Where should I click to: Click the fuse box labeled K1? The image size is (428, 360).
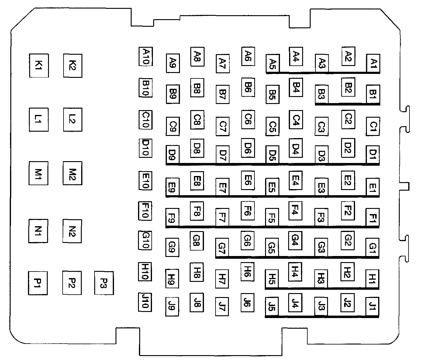coord(39,65)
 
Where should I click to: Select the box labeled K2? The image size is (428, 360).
coord(73,65)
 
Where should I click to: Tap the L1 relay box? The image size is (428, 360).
coord(39,119)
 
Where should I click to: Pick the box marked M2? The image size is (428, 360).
coord(72,173)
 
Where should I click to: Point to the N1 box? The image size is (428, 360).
coord(38,231)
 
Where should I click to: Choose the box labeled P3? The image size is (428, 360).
coord(104,283)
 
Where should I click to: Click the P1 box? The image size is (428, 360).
coord(38,283)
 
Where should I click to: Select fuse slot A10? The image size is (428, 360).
coord(146,57)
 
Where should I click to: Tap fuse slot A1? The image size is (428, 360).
coord(373,64)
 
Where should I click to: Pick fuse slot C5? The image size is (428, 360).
coord(273,126)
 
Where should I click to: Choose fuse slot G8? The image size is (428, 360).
coord(197,241)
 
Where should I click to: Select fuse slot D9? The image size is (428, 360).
coord(172,155)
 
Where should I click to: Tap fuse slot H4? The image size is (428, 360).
coord(295,271)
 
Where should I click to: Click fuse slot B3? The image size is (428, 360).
coord(322,94)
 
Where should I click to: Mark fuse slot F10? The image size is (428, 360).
coord(145,210)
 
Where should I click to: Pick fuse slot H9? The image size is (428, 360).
coord(172,278)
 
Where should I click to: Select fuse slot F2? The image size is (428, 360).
coord(348,210)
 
